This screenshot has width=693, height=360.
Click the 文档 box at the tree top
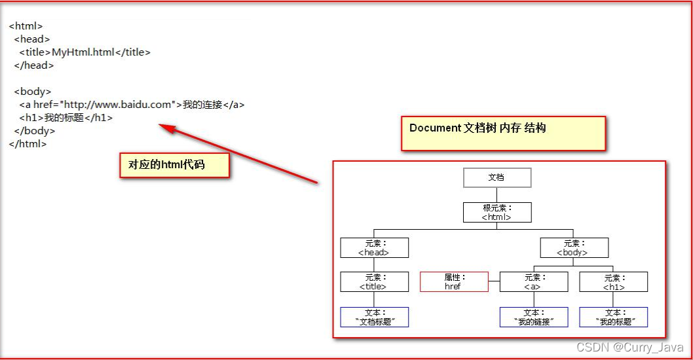[497, 177]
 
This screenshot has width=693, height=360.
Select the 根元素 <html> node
[497, 212]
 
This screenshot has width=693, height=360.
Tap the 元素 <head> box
[374, 247]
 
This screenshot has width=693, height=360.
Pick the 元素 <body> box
[574, 247]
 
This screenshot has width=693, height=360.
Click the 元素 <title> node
[374, 282]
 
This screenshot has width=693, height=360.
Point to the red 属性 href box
[453, 282]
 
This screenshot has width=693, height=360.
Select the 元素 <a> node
[534, 282]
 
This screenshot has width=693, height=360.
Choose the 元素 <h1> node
[614, 282]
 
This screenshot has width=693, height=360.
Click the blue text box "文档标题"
[374, 317]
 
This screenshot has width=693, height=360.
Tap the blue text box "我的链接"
[534, 317]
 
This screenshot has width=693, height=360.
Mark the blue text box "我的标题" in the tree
[614, 317]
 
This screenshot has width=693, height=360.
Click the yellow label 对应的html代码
[174, 165]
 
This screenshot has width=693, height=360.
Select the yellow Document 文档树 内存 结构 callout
[503, 133]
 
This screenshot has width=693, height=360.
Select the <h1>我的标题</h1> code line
[66, 118]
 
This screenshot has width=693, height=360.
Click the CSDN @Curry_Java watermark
[629, 347]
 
